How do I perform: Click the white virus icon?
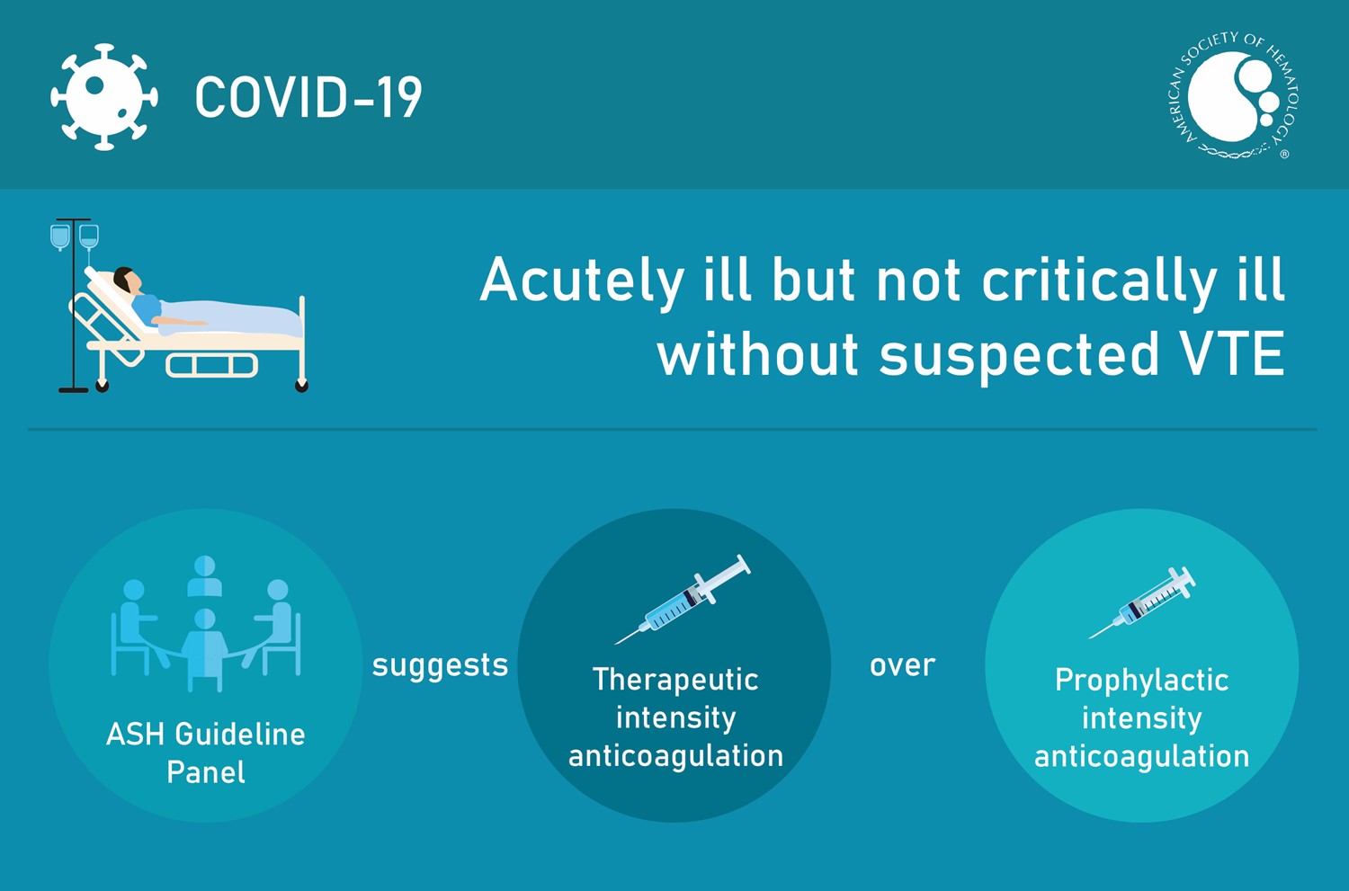[103, 96]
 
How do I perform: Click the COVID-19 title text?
[308, 97]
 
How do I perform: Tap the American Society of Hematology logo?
[1234, 96]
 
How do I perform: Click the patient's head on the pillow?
[127, 281]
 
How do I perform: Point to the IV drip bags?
[75, 236]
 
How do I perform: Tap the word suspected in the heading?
[1019, 355]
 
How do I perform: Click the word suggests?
[440, 665]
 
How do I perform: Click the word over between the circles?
[902, 665]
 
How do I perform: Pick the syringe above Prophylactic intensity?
[1142, 602]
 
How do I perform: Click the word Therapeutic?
[675, 680]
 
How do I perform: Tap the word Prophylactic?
[1141, 681]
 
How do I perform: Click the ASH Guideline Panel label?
[206, 753]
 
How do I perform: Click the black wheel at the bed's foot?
[301, 386]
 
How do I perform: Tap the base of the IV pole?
[74, 389]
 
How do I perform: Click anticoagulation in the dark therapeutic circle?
[675, 756]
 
